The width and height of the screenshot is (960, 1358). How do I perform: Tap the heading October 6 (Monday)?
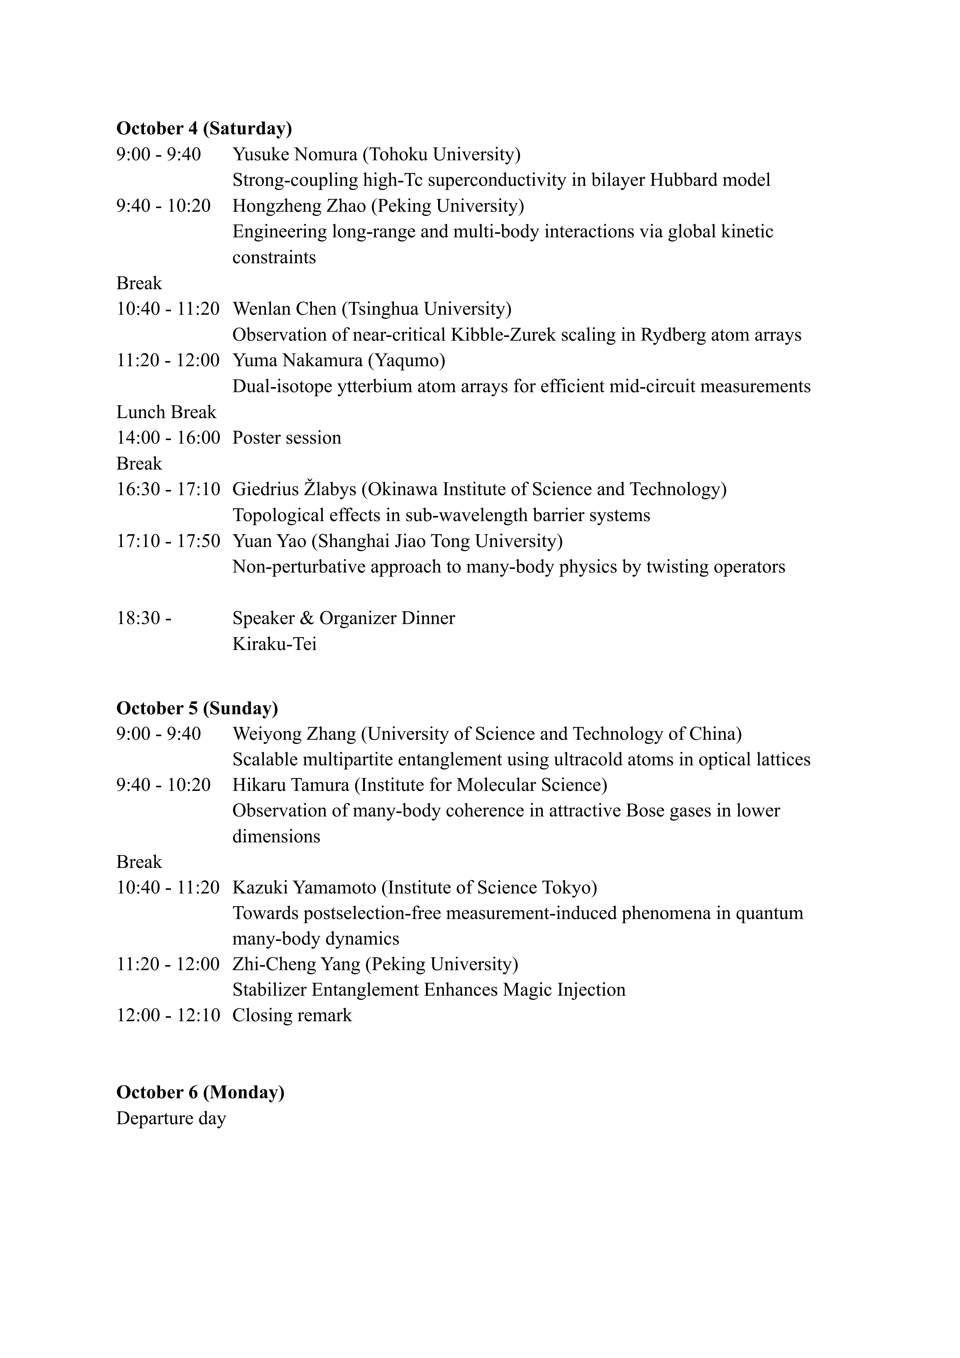(200, 1092)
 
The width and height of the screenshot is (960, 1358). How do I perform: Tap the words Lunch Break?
(166, 412)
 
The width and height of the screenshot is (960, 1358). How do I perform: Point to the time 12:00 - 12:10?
(168, 1016)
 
